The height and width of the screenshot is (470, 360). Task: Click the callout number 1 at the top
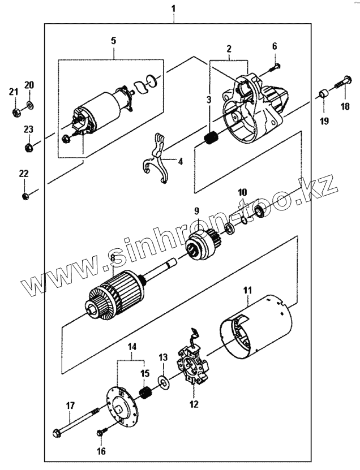tap(173, 8)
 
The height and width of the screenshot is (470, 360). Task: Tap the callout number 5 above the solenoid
tap(113, 40)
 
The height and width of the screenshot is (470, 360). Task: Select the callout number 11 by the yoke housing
tap(247, 291)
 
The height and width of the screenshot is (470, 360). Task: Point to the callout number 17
tap(71, 405)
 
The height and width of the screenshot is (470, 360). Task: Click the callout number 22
tap(23, 174)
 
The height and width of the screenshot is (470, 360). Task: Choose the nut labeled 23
tap(27, 148)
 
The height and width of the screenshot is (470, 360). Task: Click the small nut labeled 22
tap(24, 196)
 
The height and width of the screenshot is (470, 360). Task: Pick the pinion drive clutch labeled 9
tap(201, 244)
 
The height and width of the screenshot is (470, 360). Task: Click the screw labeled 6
tap(275, 67)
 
